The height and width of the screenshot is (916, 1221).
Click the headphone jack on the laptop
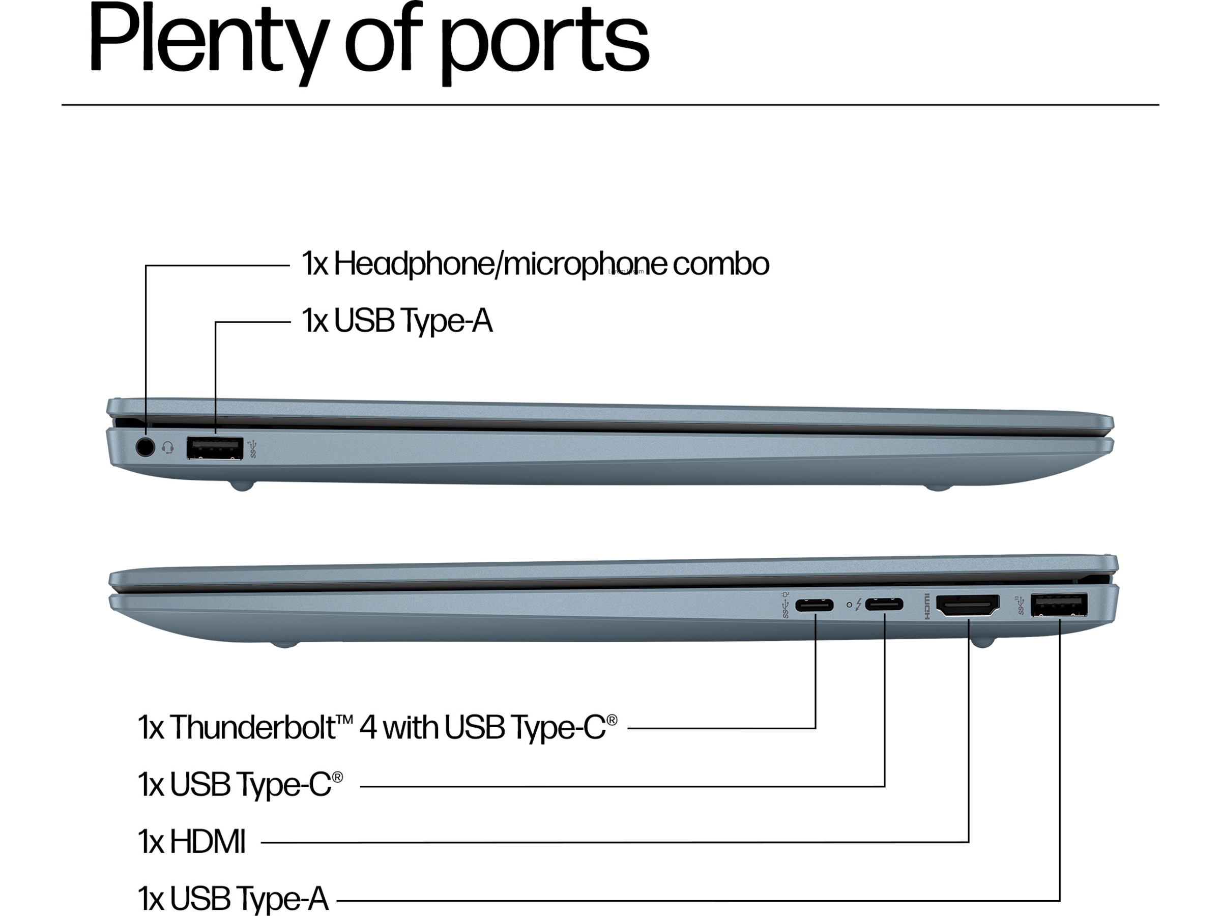tap(145, 447)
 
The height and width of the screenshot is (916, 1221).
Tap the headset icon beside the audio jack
tap(168, 448)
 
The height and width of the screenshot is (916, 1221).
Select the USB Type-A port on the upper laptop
tap(215, 448)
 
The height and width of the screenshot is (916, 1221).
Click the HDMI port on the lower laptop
tap(968, 606)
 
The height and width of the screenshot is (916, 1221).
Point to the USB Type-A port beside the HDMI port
tap(1059, 605)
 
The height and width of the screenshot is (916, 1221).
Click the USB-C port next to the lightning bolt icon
tap(884, 605)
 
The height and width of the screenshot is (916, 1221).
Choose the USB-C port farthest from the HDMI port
tap(814, 605)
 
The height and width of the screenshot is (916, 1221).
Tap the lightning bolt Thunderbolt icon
tap(858, 605)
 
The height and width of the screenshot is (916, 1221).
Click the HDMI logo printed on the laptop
tap(927, 606)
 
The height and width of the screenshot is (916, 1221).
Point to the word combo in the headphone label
tap(720, 264)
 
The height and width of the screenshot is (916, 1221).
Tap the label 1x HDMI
tap(191, 842)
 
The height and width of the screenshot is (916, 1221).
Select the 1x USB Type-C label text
tap(240, 784)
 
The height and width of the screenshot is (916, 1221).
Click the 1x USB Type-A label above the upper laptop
tap(397, 321)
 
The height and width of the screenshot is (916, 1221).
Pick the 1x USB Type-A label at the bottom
tap(233, 898)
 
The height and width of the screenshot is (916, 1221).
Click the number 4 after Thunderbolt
tap(368, 727)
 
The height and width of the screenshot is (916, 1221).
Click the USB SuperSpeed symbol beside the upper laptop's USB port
tap(253, 448)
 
